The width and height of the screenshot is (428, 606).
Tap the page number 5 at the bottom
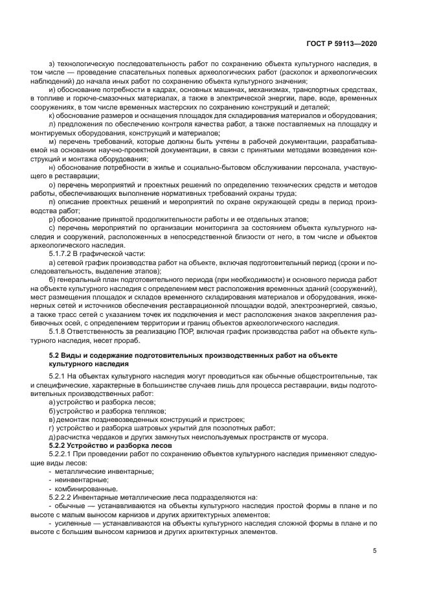coord(375,551)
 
